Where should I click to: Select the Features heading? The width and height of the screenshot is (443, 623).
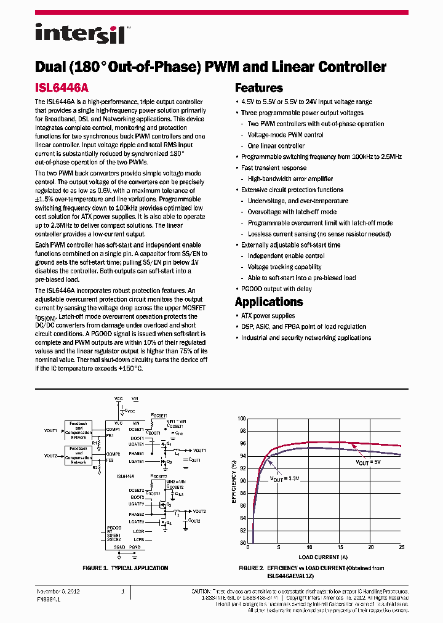tap(258, 88)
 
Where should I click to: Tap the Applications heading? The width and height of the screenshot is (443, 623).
tap(269, 302)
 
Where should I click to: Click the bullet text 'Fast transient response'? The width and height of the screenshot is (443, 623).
tap(274, 168)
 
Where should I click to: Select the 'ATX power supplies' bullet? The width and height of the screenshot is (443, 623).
tap(268, 316)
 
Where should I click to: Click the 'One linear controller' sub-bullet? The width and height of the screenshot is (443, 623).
tap(276, 146)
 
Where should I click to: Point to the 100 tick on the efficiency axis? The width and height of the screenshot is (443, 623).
tap(242, 418)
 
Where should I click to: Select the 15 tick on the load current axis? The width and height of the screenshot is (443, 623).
tap(340, 547)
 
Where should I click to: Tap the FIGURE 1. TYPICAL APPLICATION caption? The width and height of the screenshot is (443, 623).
tap(125, 568)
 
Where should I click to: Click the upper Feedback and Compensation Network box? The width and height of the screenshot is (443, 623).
tap(78, 430)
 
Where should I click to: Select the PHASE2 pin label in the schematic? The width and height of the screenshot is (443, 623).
tap(136, 514)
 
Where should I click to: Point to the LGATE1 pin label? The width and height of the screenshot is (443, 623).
tap(136, 461)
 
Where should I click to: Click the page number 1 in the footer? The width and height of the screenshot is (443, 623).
tap(123, 592)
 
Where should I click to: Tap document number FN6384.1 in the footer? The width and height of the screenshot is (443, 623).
tap(50, 598)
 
